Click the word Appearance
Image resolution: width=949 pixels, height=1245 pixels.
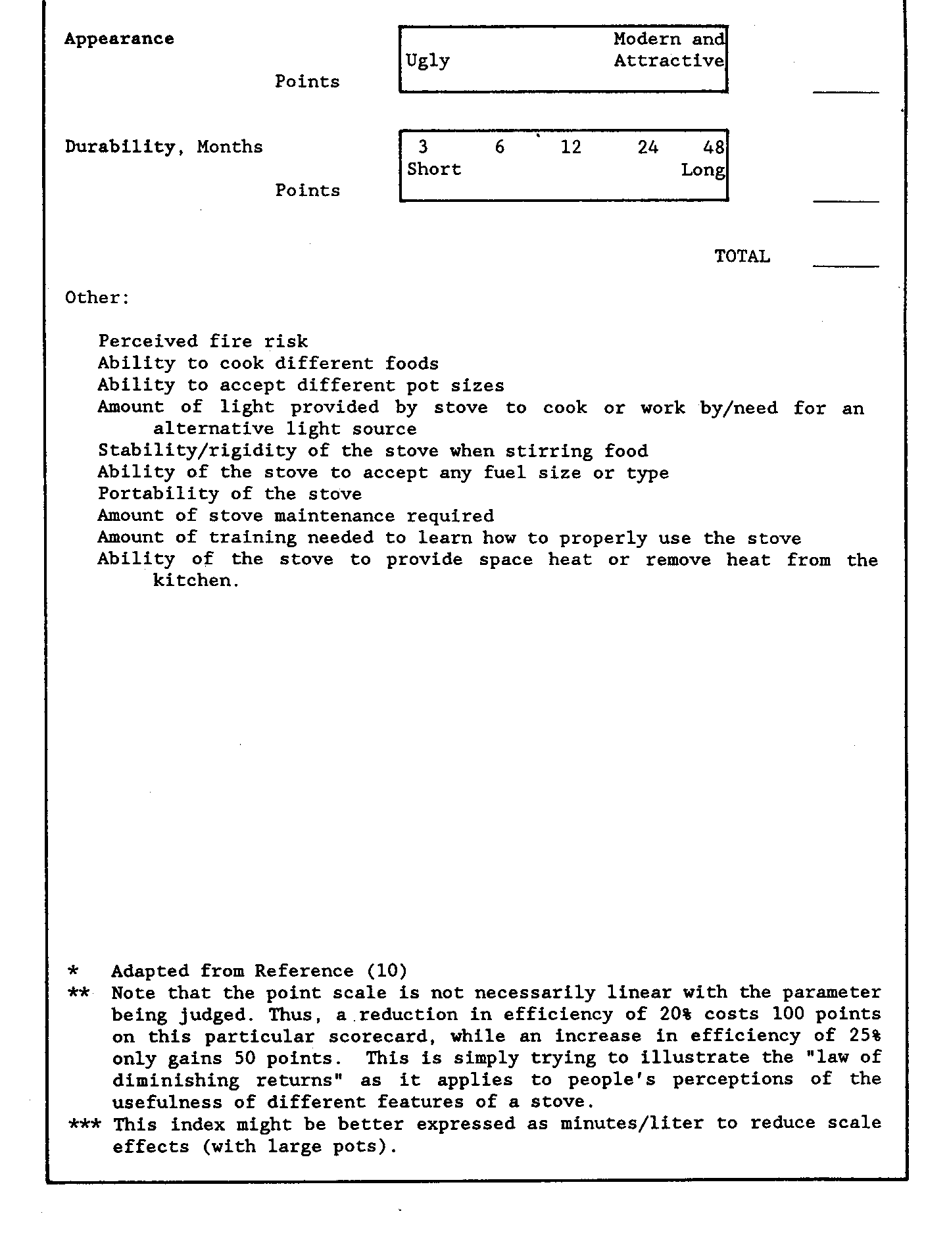pos(119,39)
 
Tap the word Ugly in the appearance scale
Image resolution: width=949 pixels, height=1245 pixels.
pos(427,61)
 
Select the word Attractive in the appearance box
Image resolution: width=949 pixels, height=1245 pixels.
pos(669,61)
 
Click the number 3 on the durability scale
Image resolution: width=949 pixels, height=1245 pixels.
pos(423,147)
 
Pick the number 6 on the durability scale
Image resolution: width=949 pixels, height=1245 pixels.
pos(500,147)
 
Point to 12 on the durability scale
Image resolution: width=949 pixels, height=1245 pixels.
pos(571,147)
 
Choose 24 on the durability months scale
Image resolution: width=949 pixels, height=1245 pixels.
pos(647,147)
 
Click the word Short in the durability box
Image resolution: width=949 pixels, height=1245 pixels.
pos(434,169)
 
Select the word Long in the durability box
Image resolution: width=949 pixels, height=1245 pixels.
pos(702,170)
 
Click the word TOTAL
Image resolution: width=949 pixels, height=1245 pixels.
pos(742,256)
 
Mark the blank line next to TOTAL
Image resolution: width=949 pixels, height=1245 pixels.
pos(846,266)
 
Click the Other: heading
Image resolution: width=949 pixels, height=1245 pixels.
pos(97,297)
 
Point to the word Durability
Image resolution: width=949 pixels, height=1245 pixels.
pos(121,147)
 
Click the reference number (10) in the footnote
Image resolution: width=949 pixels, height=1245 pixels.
pos(387,971)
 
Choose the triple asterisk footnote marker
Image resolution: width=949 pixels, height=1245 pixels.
pos(85,1123)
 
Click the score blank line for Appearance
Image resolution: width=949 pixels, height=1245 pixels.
pos(846,92)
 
